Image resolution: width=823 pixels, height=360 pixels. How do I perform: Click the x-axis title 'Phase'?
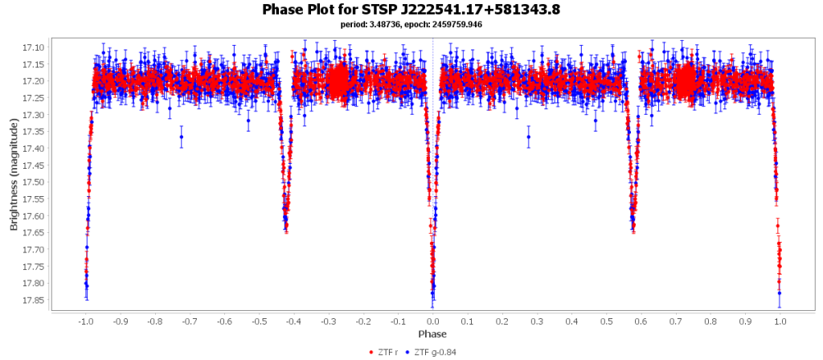432,333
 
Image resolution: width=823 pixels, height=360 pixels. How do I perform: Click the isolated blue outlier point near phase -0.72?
182,137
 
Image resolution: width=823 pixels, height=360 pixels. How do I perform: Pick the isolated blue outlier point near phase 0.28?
529,137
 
